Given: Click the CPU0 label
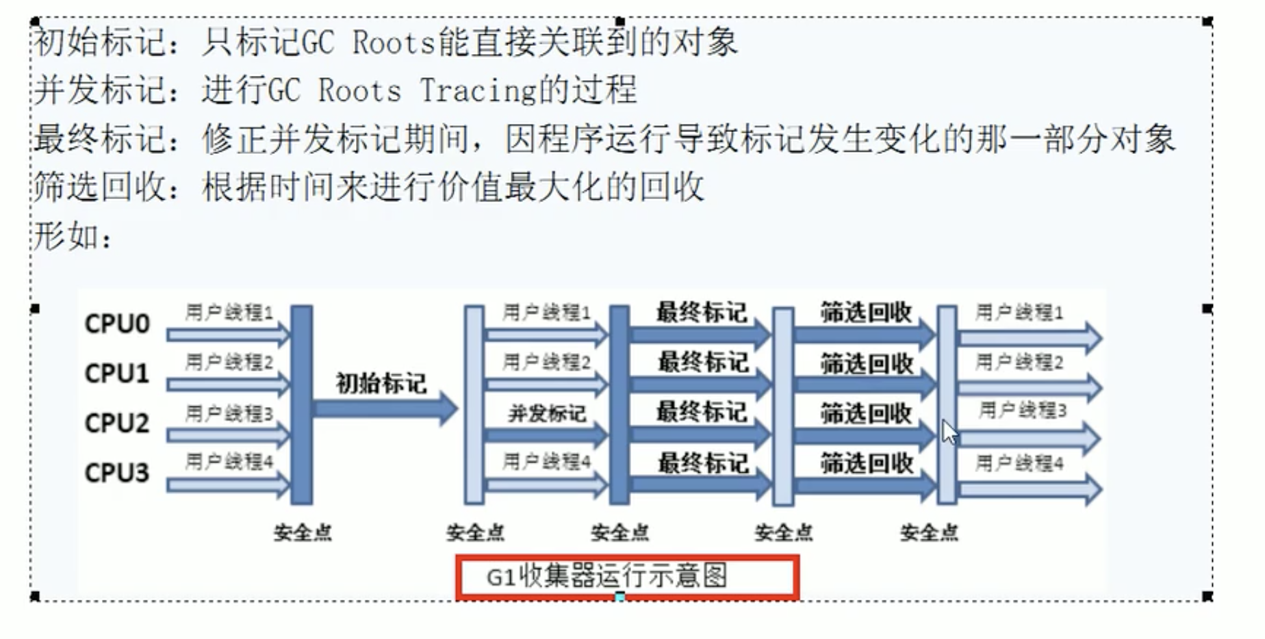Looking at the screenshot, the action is click(116, 324).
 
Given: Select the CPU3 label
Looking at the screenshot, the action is click(116, 473).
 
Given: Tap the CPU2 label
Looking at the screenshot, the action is click(116, 423).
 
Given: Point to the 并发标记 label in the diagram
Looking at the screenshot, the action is click(546, 413).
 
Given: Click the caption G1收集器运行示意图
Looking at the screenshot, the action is click(607, 577).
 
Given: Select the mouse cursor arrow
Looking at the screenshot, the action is click(949, 432).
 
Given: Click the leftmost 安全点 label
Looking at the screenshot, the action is click(303, 532).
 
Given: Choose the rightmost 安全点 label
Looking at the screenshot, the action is click(929, 532).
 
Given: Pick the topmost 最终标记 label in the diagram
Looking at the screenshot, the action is click(701, 312).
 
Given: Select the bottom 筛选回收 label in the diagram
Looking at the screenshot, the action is click(867, 464).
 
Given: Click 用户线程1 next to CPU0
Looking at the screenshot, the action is click(229, 313).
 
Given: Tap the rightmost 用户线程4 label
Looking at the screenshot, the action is click(1019, 464).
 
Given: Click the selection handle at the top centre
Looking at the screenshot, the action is click(620, 22).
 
